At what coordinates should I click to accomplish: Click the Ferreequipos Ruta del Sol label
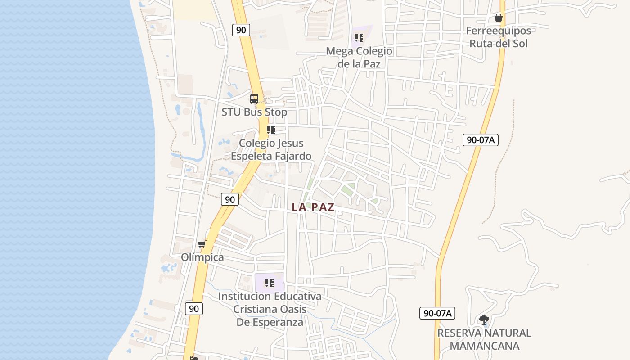pyautogui.click(x=498, y=37)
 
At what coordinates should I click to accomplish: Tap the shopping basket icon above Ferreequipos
pyautogui.click(x=498, y=18)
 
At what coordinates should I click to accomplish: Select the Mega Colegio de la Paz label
pyautogui.click(x=359, y=57)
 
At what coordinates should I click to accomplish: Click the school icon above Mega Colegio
pyautogui.click(x=359, y=38)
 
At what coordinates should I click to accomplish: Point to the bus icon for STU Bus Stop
pyautogui.click(x=254, y=99)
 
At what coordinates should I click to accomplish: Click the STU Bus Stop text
pyautogui.click(x=254, y=112)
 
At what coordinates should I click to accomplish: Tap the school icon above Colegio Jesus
pyautogui.click(x=270, y=130)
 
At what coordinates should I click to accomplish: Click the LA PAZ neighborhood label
pyautogui.click(x=313, y=207)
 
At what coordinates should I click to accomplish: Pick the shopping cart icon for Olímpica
pyautogui.click(x=202, y=244)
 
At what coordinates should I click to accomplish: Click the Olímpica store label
pyautogui.click(x=202, y=257)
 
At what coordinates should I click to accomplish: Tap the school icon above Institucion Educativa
pyautogui.click(x=270, y=283)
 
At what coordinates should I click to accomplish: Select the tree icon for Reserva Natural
pyautogui.click(x=484, y=320)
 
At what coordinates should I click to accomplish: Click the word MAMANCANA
pyautogui.click(x=485, y=346)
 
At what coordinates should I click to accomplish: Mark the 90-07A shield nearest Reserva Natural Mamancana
pyautogui.click(x=437, y=313)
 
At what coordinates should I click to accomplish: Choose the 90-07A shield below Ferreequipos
pyautogui.click(x=481, y=139)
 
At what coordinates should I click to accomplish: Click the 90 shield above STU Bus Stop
pyautogui.click(x=241, y=30)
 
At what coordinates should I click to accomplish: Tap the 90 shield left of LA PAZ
pyautogui.click(x=230, y=199)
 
